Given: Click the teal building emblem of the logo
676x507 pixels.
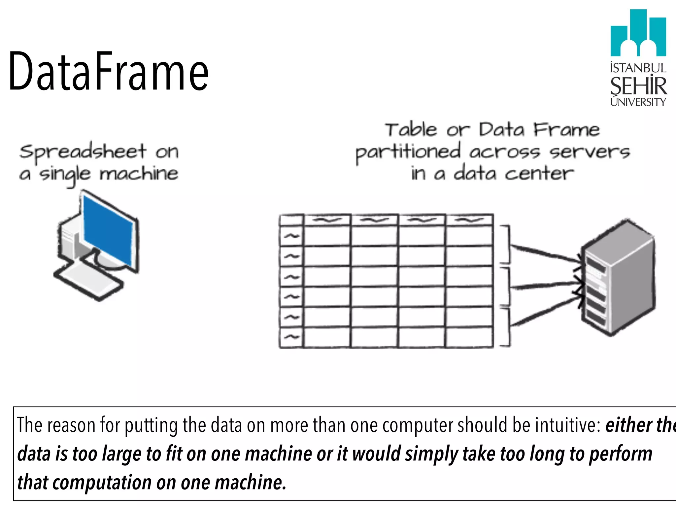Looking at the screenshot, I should tap(638, 33).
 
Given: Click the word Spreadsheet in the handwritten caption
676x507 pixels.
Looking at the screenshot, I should tap(83, 152).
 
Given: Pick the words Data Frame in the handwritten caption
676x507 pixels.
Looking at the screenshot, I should tap(539, 130).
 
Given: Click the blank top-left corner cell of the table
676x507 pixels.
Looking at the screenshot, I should tap(291, 220).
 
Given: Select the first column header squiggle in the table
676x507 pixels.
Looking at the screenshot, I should tap(327, 220).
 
